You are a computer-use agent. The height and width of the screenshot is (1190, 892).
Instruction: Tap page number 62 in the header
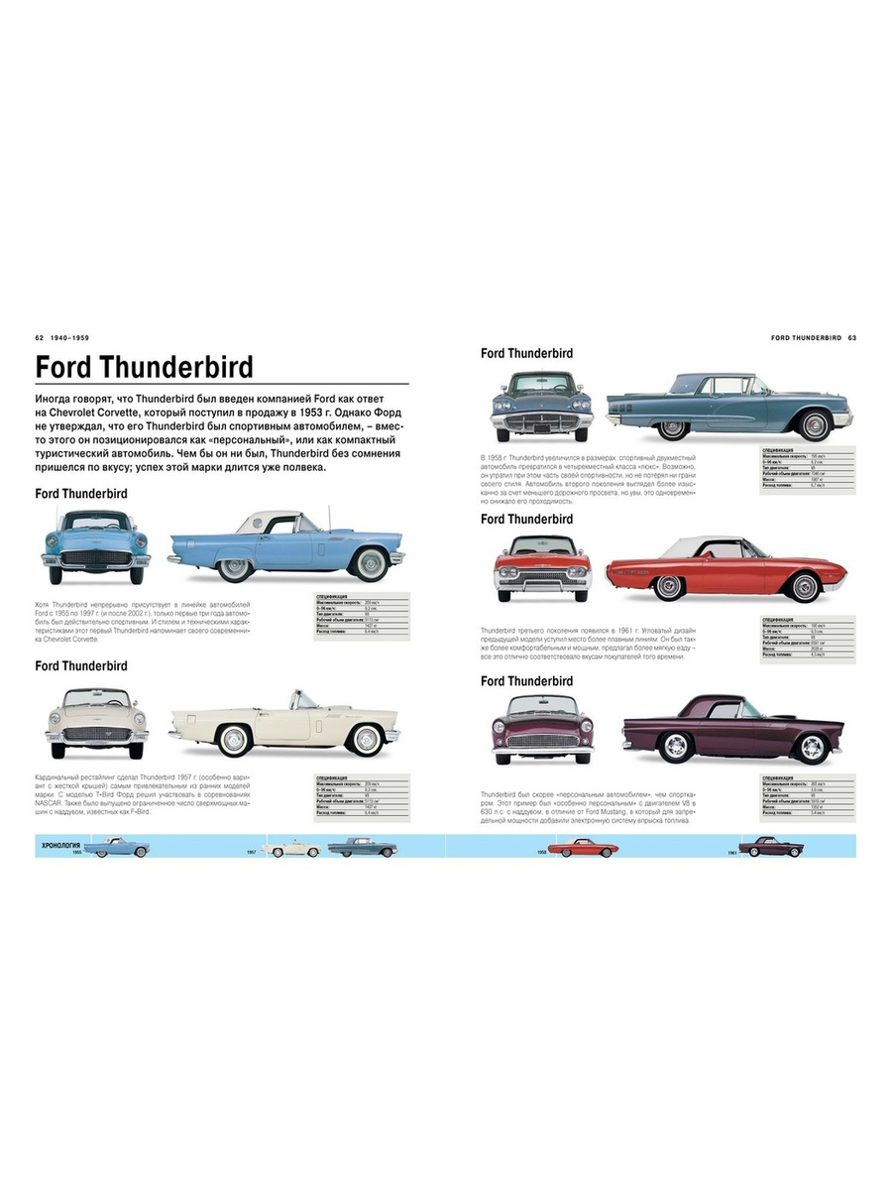point(40,338)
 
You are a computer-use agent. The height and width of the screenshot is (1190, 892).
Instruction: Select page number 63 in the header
point(851,338)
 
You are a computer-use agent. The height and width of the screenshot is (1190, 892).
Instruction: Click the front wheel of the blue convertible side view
point(372,564)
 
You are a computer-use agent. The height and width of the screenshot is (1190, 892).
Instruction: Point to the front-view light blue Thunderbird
point(95,544)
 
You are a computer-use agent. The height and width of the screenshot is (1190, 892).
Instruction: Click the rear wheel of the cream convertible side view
point(234,739)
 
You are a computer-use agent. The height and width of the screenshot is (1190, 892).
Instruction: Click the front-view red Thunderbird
point(542,568)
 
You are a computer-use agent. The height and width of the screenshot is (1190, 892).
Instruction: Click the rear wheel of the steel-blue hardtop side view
point(673,427)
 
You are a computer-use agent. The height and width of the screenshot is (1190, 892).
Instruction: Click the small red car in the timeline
point(583,849)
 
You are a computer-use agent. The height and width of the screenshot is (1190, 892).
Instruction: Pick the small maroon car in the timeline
point(771,847)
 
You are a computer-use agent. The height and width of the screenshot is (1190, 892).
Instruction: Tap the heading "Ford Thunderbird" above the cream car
point(81,665)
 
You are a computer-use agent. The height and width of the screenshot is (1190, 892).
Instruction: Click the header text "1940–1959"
point(73,338)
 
